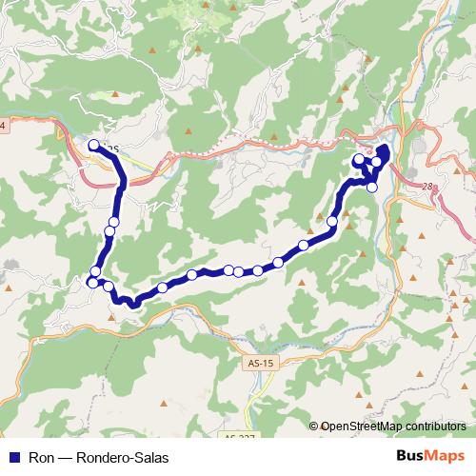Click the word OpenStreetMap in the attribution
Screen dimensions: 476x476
point(363,426)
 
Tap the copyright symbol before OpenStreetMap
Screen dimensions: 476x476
point(314,426)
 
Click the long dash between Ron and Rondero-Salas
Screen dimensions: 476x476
point(68,457)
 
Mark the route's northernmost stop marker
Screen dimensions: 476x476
point(93,146)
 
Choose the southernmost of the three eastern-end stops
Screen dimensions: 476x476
point(372,187)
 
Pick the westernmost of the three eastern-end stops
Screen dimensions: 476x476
point(359,160)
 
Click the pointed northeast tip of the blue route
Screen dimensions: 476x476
point(387,146)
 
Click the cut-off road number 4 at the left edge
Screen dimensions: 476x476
point(2,126)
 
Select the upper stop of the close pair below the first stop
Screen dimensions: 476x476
point(113,223)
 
